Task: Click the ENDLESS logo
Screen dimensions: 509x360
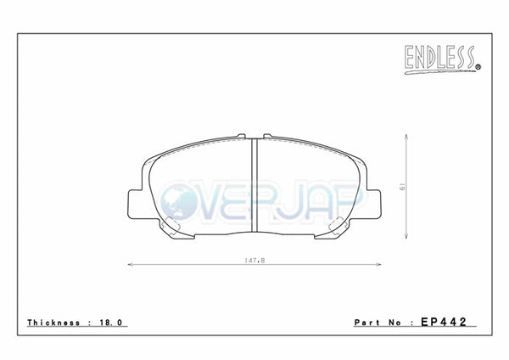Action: pyautogui.click(x=443, y=59)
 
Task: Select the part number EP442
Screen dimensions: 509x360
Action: pyautogui.click(x=444, y=322)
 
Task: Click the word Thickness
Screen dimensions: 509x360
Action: pyautogui.click(x=53, y=323)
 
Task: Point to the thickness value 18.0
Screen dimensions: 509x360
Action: pyautogui.click(x=110, y=323)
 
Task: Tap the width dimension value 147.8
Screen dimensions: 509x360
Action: pyautogui.click(x=255, y=261)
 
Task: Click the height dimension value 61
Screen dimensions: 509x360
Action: pyautogui.click(x=402, y=187)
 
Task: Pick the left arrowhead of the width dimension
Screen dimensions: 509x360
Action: pyautogui.click(x=130, y=264)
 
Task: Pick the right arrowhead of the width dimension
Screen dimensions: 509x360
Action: pyautogui.click(x=379, y=264)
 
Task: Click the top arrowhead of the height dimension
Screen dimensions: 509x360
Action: pyautogui.click(x=406, y=137)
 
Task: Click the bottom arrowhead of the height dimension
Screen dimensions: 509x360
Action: pyautogui.click(x=406, y=236)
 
